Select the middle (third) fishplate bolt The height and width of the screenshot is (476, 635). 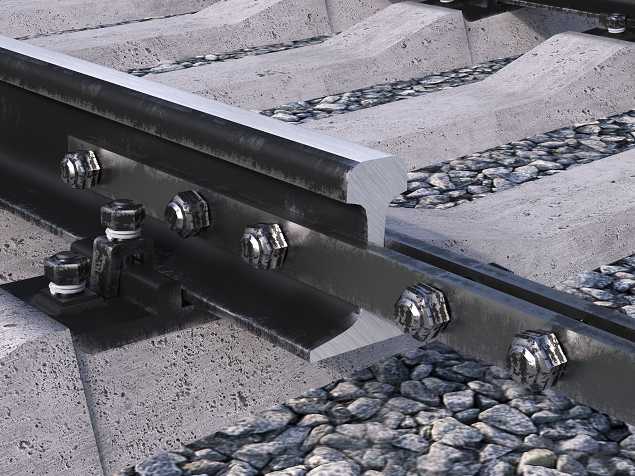click(x=264, y=246)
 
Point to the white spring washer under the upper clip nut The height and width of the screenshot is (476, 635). click(x=122, y=234)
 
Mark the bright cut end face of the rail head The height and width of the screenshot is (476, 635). click(x=375, y=178)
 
